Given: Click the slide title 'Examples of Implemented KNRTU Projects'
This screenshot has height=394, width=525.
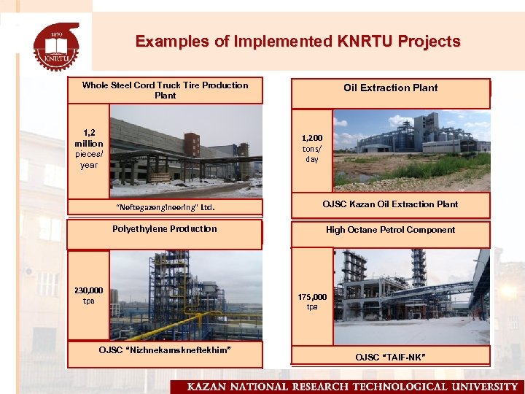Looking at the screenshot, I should click(x=297, y=42).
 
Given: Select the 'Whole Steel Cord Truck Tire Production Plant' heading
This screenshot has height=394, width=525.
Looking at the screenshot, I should click(x=165, y=90).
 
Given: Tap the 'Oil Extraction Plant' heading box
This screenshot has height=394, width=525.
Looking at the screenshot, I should click(x=391, y=88).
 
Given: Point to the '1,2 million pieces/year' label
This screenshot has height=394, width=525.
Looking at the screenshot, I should click(x=88, y=149).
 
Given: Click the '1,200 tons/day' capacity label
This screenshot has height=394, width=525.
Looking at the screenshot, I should click(x=311, y=148).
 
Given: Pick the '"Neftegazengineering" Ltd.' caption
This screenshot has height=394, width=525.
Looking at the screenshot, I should click(x=165, y=207).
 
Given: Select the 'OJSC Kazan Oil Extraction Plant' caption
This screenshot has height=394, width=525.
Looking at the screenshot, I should click(x=391, y=204).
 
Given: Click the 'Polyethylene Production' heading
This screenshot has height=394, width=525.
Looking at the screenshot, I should click(x=165, y=229).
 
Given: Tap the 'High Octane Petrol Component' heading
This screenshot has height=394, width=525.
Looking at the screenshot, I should click(x=391, y=230).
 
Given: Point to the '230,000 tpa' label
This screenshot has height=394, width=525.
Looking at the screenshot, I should click(x=88, y=295).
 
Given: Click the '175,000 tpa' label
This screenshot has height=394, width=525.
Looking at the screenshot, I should click(x=311, y=301).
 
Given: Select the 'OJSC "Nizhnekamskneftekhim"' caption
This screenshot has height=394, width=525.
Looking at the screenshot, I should click(x=165, y=350).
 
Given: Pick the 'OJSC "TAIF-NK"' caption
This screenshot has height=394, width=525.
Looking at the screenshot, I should click(x=391, y=357).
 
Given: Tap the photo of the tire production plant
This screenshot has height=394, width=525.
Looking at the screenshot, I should click(x=185, y=151).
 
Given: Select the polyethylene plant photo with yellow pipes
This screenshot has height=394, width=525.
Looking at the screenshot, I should click(x=185, y=295).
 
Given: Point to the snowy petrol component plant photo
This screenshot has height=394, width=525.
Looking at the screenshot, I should click(x=411, y=296).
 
